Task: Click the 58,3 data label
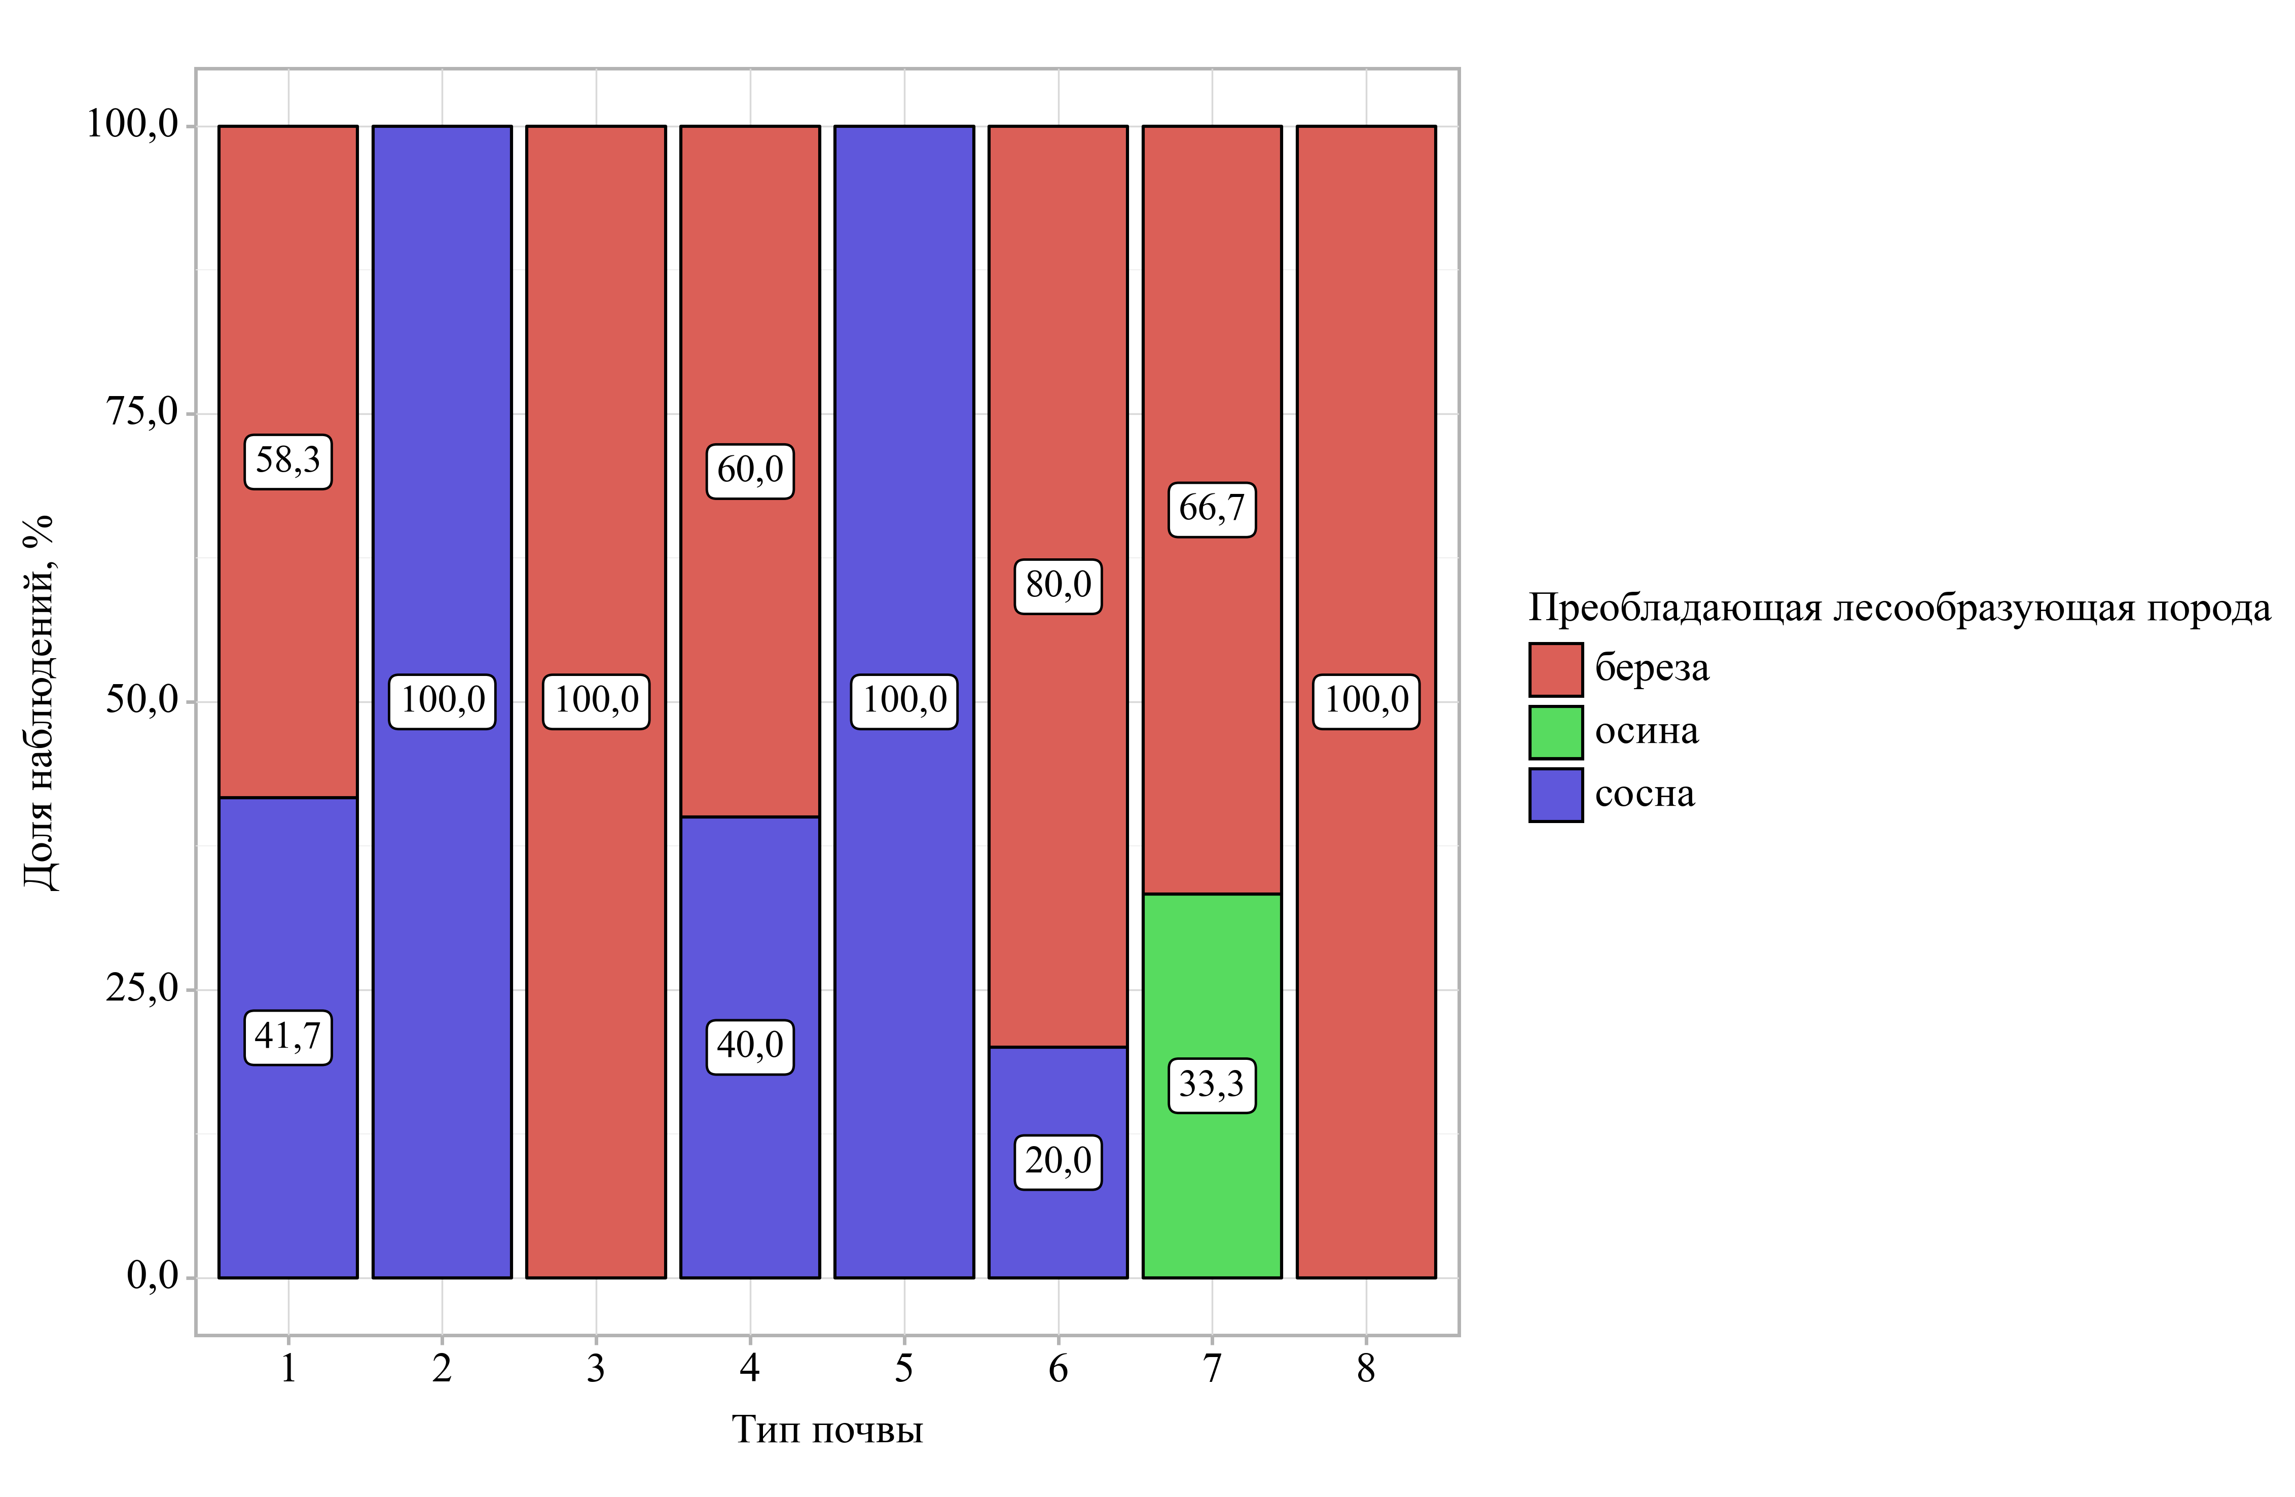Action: (x=287, y=461)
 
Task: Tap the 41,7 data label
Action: (x=287, y=1037)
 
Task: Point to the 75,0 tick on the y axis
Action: (x=143, y=413)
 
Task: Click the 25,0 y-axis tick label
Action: (x=143, y=989)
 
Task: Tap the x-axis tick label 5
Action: (x=903, y=1368)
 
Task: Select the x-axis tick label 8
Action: (x=1365, y=1368)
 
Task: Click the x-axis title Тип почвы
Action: (x=827, y=1430)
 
